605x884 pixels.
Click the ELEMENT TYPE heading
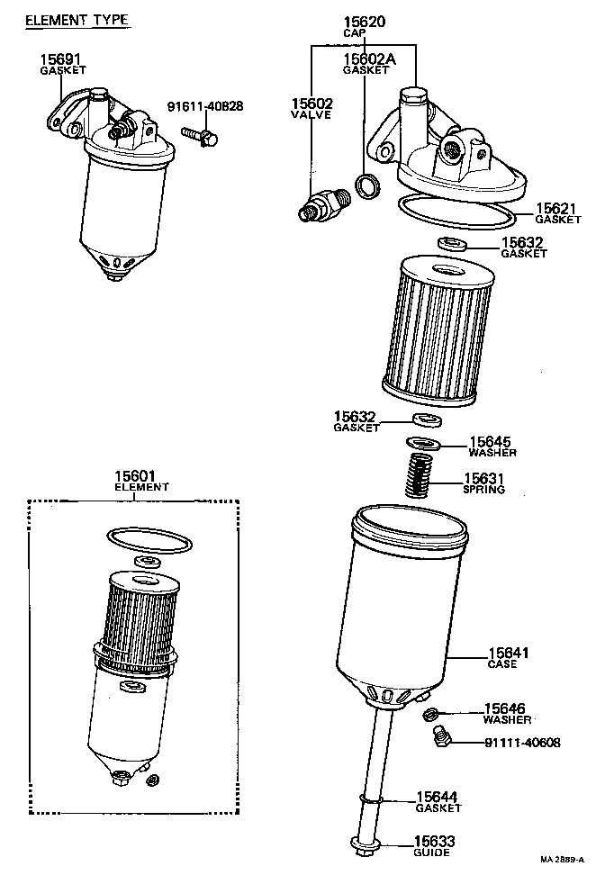tap(76, 20)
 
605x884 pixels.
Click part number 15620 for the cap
tap(364, 21)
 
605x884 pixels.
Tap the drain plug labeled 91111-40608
tap(439, 740)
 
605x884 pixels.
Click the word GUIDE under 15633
tap(432, 852)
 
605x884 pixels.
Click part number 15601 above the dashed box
tap(135, 475)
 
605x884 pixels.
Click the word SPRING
tap(483, 490)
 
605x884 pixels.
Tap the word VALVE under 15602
tap(312, 115)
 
